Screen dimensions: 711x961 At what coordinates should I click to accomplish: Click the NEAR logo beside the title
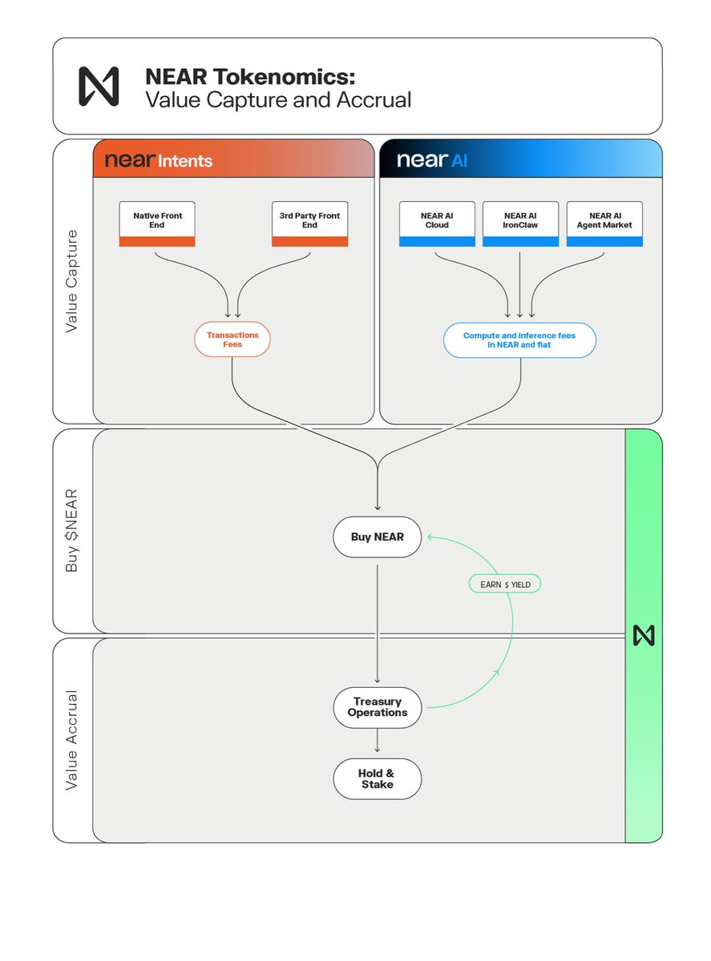point(99,86)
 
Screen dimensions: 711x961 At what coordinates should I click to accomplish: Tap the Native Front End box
point(157,223)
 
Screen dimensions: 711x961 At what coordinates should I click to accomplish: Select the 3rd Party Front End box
point(309,223)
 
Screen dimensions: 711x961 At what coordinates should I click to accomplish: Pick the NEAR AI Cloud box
point(437,223)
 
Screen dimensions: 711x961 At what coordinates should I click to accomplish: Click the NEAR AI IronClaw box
point(520,223)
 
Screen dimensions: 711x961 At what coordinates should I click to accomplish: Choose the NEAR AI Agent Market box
point(604,223)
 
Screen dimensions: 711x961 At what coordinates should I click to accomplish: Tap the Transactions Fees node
point(232,340)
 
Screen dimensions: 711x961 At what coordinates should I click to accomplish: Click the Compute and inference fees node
point(519,340)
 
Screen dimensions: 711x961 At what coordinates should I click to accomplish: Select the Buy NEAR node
point(377,537)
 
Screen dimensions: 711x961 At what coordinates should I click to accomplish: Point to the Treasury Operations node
point(377,707)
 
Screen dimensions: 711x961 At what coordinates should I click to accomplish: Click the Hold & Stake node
point(377,778)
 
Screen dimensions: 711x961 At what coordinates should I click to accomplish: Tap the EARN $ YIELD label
point(505,585)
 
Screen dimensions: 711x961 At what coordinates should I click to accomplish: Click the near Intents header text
point(159,160)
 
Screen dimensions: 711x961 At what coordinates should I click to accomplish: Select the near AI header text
point(432,160)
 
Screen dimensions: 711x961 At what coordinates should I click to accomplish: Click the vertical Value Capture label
point(71,281)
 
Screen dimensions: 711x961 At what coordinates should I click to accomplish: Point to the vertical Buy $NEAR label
point(71,531)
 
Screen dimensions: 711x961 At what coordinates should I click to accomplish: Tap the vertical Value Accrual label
point(71,740)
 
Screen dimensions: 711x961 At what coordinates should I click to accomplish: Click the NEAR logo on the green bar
point(644,636)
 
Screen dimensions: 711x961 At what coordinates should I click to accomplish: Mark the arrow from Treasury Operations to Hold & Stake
point(377,740)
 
